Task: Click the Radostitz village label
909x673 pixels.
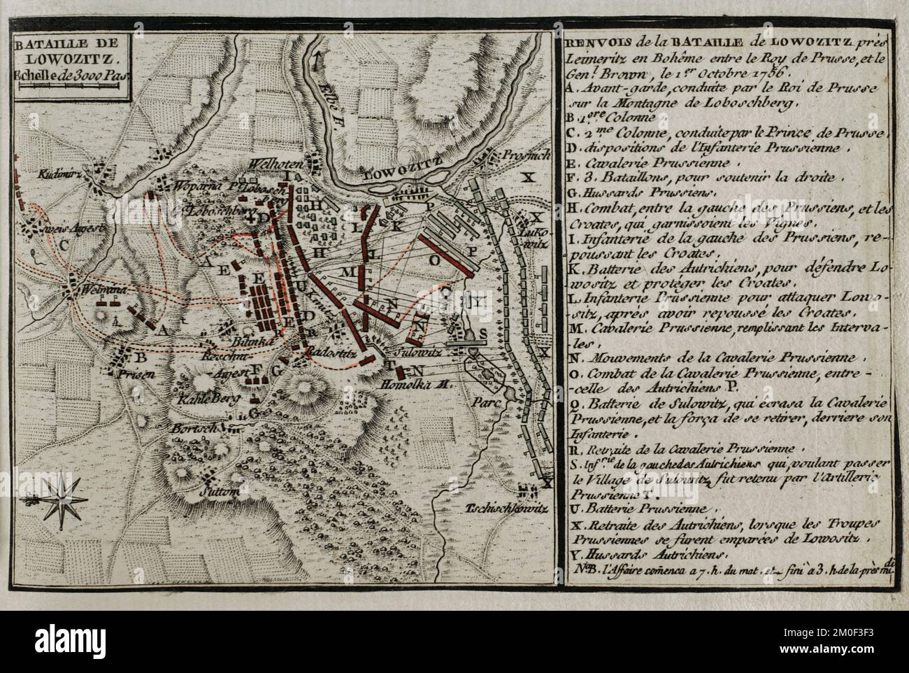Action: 328,353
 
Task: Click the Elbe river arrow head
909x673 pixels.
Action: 319,57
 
